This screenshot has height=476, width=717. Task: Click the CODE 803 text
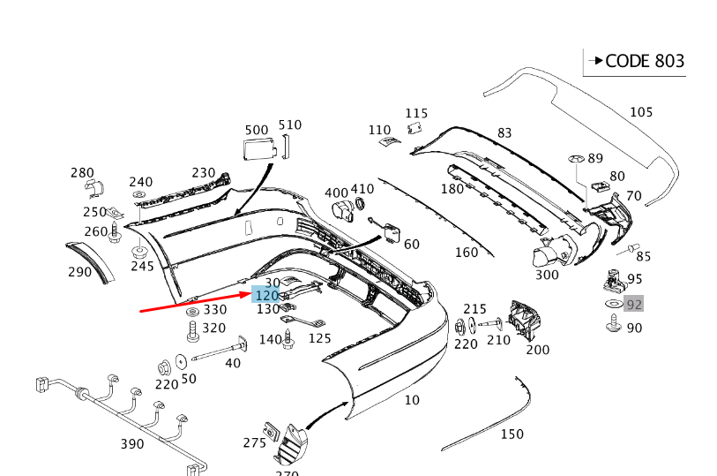pos(644,61)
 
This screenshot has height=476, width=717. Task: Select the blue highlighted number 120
pos(266,296)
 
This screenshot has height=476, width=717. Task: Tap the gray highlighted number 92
pos(633,305)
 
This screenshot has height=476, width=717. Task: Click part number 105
pos(641,112)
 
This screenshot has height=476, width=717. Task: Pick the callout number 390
pos(131,443)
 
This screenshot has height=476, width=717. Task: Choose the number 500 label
pos(256,130)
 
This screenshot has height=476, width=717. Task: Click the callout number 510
pos(289,125)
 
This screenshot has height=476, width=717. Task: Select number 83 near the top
pos(504,133)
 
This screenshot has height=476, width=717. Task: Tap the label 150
pos(512,434)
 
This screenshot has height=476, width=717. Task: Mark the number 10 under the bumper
pos(412,400)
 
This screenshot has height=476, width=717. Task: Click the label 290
pos(79,272)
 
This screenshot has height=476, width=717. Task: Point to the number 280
pos(82,172)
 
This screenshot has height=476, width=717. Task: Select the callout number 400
pos(336,193)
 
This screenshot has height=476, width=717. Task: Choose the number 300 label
pos(547,275)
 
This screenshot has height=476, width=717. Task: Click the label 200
pos(537,350)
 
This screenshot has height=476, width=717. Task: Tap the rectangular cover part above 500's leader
pos(257,148)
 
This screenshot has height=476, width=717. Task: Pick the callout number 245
pos(142,266)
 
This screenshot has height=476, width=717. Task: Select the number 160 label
pos(466,253)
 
